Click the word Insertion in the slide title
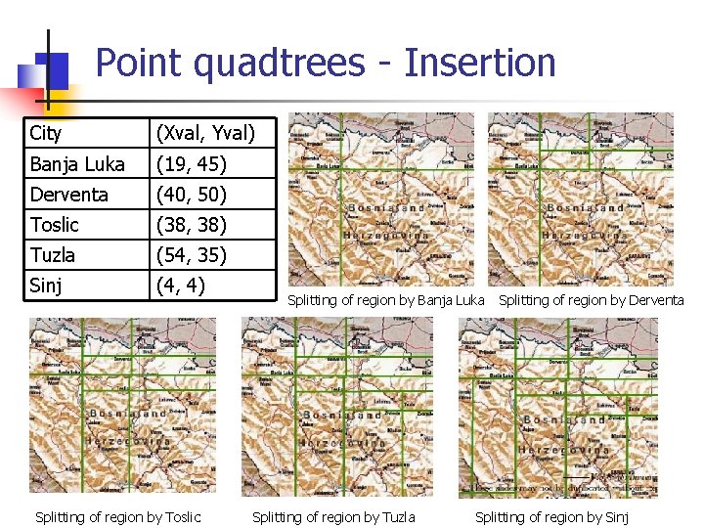point(480,63)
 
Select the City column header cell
point(46,133)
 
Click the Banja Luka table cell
point(76,163)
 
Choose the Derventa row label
point(68,194)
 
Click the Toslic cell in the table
point(54,224)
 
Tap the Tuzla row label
point(52,254)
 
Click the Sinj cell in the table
point(46,285)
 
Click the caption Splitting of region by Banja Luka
point(385,300)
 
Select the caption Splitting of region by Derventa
point(591,300)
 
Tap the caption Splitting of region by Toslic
point(117,516)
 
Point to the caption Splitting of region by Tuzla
point(333,516)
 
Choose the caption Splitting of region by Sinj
point(551,516)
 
